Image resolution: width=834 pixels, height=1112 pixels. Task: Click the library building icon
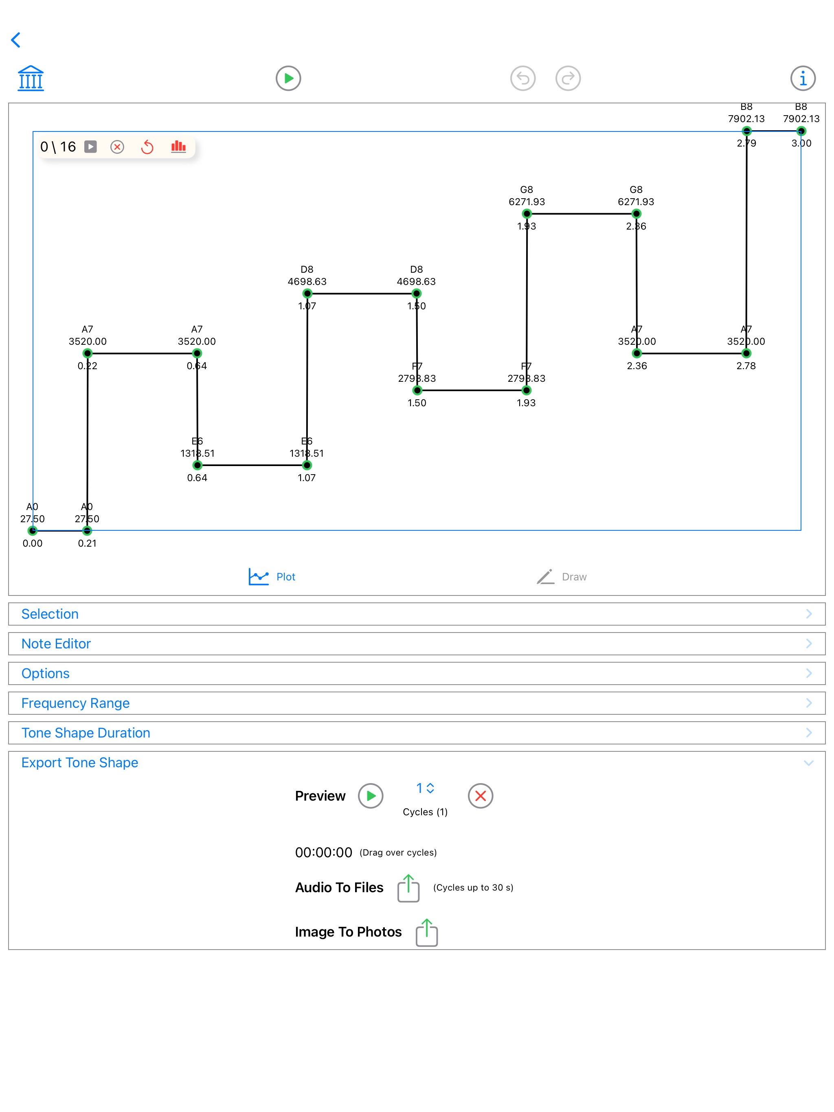point(31,79)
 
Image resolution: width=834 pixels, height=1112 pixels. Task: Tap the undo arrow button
point(522,79)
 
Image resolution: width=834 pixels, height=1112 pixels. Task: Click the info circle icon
point(802,79)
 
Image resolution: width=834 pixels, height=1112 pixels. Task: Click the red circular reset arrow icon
point(147,147)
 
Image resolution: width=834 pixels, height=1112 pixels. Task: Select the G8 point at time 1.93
point(527,214)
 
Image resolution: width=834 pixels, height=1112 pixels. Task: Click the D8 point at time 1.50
point(417,293)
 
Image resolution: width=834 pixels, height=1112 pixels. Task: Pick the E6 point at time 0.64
point(198,465)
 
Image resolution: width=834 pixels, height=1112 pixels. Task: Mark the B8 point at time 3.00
point(801,131)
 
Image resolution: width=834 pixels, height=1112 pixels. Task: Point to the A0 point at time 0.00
point(33,530)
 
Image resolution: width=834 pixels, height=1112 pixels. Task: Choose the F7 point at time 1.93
point(526,390)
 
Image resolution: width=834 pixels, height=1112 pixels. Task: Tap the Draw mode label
point(573,577)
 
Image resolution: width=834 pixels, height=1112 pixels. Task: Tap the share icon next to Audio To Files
point(408,888)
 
